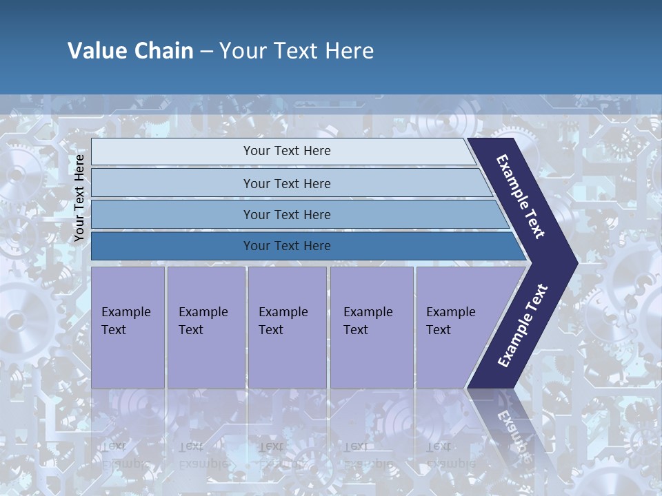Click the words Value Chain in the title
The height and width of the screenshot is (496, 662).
[x=130, y=51]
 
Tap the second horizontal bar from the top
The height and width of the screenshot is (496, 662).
[x=287, y=183]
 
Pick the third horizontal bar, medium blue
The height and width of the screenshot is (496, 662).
[x=287, y=215]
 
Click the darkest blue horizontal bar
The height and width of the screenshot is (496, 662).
[x=287, y=246]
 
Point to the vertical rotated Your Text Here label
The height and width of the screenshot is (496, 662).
[x=79, y=198]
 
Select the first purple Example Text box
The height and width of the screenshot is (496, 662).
[x=128, y=327]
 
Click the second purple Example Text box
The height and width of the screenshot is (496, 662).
[x=205, y=327]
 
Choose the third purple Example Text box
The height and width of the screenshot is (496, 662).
[x=286, y=327]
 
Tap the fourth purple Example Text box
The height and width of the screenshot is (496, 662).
[x=371, y=327]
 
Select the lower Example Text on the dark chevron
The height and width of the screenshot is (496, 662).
[x=523, y=326]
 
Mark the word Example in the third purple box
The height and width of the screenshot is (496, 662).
[x=283, y=312]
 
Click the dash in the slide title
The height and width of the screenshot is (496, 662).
[x=206, y=51]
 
